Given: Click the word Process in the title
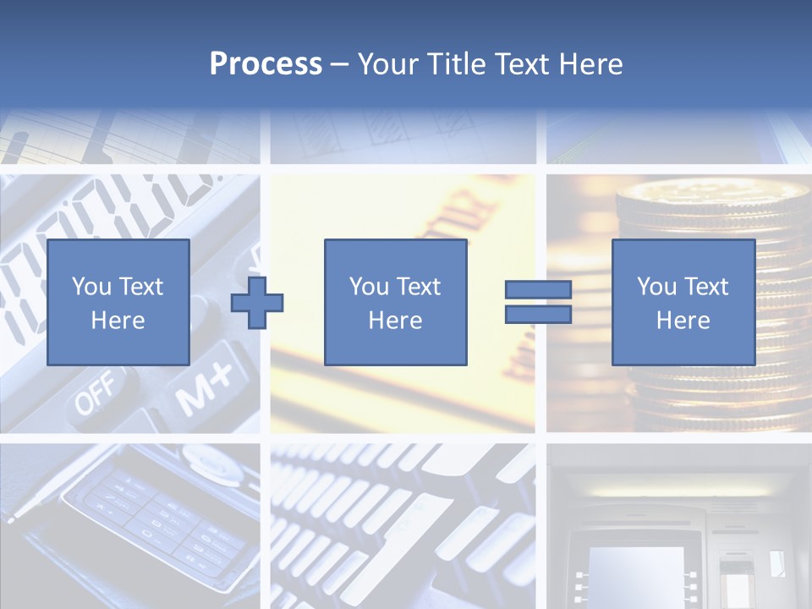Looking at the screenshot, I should [266, 64].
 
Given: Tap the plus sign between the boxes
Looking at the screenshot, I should [257, 302].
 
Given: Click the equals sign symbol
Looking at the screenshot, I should [538, 302].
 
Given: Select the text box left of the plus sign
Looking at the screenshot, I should [118, 302].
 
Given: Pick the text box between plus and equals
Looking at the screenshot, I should [395, 302].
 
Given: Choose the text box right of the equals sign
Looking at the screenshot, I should [683, 302].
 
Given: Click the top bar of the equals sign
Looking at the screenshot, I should [538, 290].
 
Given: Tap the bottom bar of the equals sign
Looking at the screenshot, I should [538, 315].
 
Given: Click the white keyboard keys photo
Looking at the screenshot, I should [403, 524].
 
